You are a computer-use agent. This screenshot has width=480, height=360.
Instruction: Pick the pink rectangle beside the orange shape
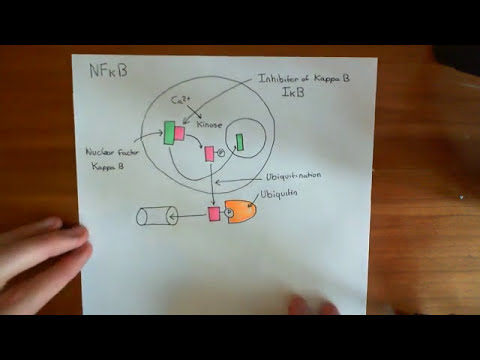click(213, 214)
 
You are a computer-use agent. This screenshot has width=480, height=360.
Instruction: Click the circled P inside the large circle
click(221, 153)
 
